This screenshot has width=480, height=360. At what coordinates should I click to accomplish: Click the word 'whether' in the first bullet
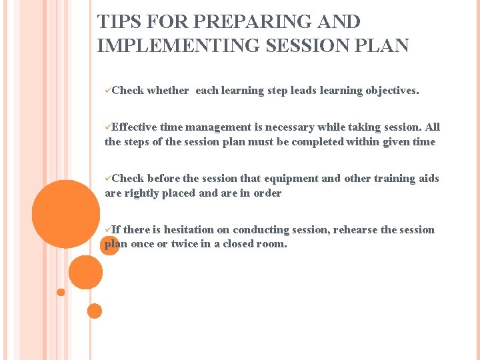click(167, 91)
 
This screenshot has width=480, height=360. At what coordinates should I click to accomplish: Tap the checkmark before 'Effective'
click(108, 127)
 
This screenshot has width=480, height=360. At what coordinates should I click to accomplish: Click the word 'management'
click(218, 127)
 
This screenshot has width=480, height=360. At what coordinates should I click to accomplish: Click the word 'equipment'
click(292, 179)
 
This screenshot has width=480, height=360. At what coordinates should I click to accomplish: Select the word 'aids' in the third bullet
click(429, 179)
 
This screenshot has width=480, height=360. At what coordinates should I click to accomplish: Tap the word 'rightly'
click(141, 193)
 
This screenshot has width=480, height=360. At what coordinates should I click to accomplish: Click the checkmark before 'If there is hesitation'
click(108, 230)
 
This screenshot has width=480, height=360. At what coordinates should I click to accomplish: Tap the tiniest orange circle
click(61, 292)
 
